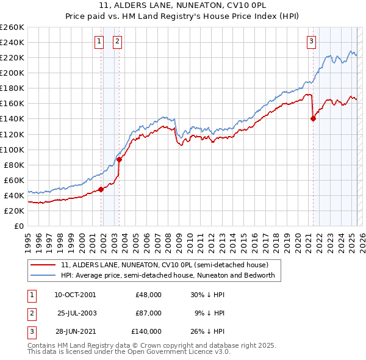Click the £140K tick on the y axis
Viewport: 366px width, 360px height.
[12, 119]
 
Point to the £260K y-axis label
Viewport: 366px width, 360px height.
[12, 27]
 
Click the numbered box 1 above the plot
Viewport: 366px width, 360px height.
[99, 41]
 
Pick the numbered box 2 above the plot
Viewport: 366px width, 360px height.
[117, 41]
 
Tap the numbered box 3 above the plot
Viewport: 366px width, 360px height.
[311, 41]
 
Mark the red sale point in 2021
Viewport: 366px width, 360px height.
[314, 119]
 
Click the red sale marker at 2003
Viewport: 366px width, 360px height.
[120, 159]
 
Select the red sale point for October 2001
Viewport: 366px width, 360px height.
[101, 189]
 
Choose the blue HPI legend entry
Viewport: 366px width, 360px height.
[168, 275]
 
